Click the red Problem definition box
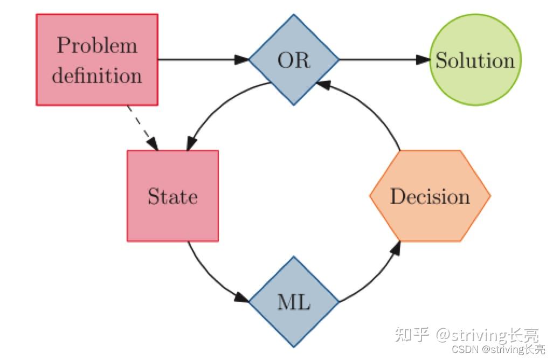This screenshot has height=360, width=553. point(97,59)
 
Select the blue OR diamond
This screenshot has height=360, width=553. point(294,59)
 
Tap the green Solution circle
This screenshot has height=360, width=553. point(475,60)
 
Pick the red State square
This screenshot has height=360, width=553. point(172,196)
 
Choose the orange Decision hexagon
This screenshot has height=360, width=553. point(430,196)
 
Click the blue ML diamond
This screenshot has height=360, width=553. point(294,302)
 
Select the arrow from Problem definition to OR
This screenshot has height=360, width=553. point(199,59)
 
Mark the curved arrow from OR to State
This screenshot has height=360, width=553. point(216,108)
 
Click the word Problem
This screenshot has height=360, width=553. point(97,45)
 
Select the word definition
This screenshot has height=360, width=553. point(97,75)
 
